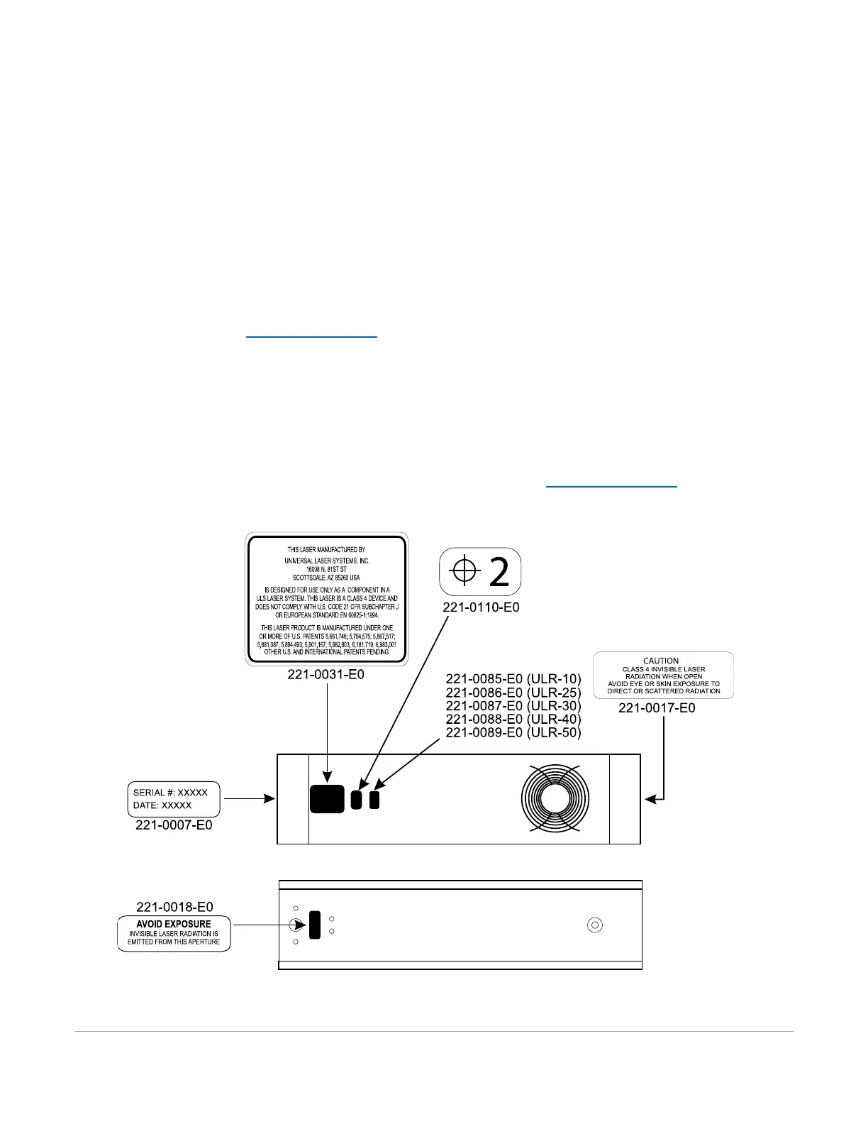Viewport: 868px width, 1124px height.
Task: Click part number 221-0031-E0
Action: click(325, 675)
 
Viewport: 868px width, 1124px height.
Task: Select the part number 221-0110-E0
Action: click(481, 607)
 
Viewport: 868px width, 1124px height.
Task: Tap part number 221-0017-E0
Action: click(657, 708)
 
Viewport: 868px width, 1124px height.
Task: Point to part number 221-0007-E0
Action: click(174, 826)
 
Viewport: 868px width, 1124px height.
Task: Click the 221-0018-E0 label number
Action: click(174, 907)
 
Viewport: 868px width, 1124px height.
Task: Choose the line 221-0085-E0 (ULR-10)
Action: click(513, 679)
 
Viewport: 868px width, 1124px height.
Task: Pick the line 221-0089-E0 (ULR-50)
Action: click(513, 733)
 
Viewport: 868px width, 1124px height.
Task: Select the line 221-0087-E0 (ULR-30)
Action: click(513, 706)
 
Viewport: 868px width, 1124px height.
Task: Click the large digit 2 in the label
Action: click(499, 572)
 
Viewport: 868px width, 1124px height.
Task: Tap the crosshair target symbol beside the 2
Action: click(464, 571)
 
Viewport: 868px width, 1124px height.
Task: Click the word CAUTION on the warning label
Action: click(661, 661)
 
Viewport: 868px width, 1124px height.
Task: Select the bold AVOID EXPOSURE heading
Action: click(174, 924)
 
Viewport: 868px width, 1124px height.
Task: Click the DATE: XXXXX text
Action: click(162, 806)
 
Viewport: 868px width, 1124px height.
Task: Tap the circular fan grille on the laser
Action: click(555, 799)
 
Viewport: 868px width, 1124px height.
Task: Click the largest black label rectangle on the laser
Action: click(327, 799)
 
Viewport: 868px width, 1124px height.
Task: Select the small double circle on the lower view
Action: click(595, 925)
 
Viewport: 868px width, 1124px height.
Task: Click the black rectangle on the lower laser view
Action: click(315, 925)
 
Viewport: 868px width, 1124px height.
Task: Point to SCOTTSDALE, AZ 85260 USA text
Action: click(326, 578)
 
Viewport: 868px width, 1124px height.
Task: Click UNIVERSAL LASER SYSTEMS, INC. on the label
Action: click(326, 561)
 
